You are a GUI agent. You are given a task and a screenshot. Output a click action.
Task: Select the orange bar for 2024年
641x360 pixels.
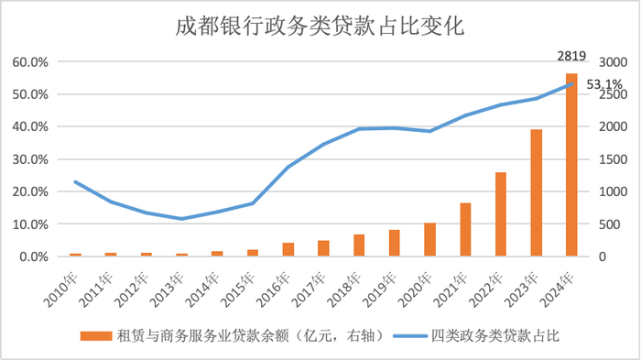coord(571,165)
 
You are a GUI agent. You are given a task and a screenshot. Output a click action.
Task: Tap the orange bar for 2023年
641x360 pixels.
coord(536,192)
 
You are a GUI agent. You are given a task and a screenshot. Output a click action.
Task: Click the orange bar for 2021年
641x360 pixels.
coord(465,229)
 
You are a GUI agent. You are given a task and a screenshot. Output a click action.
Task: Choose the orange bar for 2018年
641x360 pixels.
coord(359,245)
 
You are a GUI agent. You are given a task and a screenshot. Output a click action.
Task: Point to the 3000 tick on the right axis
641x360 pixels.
coord(613,62)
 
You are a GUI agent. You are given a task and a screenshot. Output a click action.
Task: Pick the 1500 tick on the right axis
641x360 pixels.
coord(613,159)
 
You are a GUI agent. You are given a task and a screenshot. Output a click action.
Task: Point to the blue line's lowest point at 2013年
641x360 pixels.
coord(181,219)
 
